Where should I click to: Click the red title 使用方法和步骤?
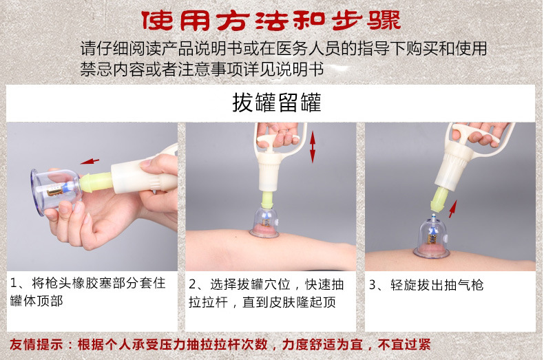point(271,20)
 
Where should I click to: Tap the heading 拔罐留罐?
point(277,103)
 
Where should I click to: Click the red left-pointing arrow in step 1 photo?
point(90,161)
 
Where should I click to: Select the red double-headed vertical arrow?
point(313,147)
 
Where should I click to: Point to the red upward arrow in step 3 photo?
point(452,209)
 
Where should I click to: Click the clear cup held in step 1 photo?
point(56,191)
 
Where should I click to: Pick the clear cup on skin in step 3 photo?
point(432,237)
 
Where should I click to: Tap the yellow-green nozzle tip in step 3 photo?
point(438,199)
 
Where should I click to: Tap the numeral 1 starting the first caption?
point(13,284)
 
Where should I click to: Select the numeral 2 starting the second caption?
point(193,284)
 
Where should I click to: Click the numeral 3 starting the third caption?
point(373,285)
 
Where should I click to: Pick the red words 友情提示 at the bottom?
point(36,344)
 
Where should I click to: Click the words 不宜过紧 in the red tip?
point(404,344)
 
